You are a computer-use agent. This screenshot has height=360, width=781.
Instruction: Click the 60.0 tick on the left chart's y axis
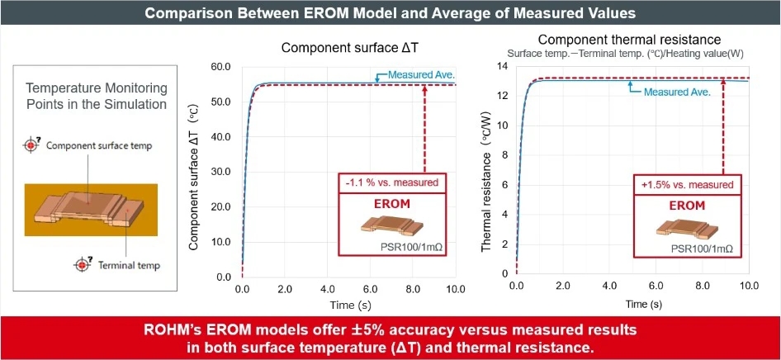tap(220, 67)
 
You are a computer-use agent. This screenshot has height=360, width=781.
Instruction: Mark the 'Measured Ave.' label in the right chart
tap(676, 92)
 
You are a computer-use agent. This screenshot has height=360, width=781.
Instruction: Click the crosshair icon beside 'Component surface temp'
tap(31, 145)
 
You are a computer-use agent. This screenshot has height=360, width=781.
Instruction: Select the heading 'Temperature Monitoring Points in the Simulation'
tap(96, 96)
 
